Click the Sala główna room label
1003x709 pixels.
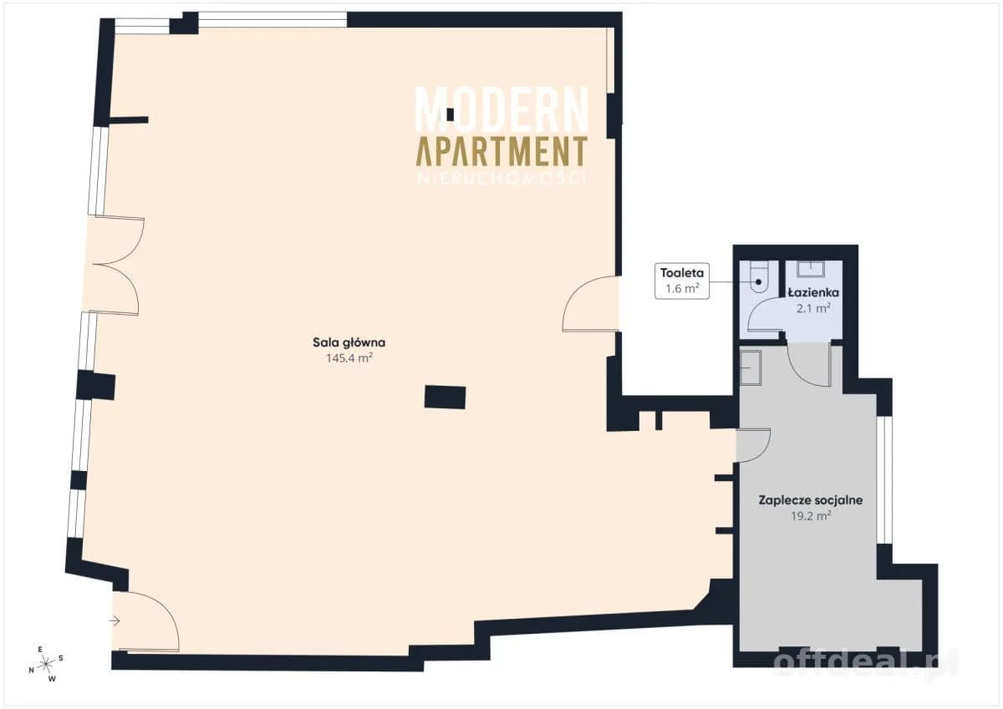(349, 343)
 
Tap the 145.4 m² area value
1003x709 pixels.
(349, 358)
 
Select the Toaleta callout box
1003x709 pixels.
(682, 281)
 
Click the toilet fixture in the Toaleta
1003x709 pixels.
(759, 277)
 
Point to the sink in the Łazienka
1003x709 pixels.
(811, 269)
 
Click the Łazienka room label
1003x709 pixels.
(813, 292)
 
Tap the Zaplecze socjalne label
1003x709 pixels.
(811, 500)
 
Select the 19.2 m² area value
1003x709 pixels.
(811, 516)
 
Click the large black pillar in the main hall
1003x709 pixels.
(445, 398)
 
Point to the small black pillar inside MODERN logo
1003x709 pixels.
(450, 115)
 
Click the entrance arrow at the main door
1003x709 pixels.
(115, 620)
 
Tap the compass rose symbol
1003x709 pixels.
(46, 664)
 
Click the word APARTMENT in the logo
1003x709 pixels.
(501, 151)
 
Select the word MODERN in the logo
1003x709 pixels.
(501, 109)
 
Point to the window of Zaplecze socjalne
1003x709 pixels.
(884, 480)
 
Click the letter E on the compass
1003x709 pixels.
(40, 649)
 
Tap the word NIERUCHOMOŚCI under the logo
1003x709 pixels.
(501, 179)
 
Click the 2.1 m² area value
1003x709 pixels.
(813, 308)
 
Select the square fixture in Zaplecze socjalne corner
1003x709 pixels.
(751, 367)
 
